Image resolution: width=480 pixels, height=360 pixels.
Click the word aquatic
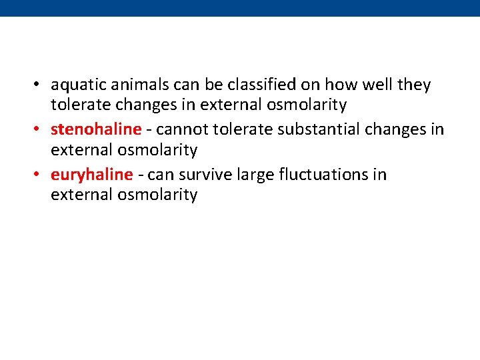tap(74, 86)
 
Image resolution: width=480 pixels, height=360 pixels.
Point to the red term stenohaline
tap(96, 129)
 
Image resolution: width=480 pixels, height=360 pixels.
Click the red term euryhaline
tap(92, 175)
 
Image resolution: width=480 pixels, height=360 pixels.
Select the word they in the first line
tap(414, 86)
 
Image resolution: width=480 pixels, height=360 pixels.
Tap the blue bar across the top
tap(240, 8)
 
